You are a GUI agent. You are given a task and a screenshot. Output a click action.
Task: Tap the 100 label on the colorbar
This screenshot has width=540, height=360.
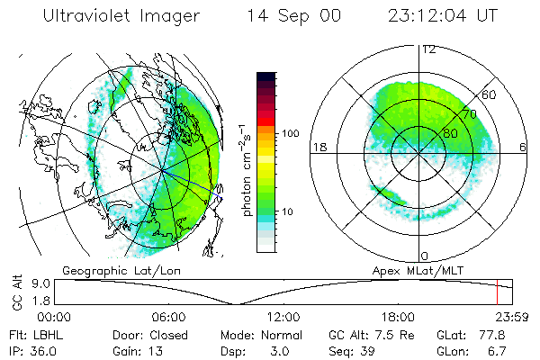(x=290, y=133)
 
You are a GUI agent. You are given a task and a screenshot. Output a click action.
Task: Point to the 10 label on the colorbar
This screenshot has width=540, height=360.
(x=287, y=211)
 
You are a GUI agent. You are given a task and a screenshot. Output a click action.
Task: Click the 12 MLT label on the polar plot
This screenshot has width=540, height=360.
(x=428, y=49)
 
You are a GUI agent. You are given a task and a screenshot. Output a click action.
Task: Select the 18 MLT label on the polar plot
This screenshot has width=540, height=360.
(x=318, y=148)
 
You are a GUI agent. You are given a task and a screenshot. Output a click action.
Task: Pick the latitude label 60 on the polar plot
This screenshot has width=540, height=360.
(x=490, y=94)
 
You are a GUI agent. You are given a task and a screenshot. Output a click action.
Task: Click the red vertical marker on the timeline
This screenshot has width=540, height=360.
(x=496, y=292)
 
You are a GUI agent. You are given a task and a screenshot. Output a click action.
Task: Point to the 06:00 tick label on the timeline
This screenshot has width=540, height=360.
(x=168, y=317)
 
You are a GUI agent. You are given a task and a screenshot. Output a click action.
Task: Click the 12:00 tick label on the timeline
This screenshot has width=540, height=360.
(x=284, y=317)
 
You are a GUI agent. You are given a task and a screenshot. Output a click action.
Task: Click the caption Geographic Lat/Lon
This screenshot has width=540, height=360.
(x=109, y=270)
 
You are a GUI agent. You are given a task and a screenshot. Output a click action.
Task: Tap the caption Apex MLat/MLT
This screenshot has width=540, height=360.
(x=415, y=270)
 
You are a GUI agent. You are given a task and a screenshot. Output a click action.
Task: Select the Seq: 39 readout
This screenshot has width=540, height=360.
(x=355, y=349)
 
